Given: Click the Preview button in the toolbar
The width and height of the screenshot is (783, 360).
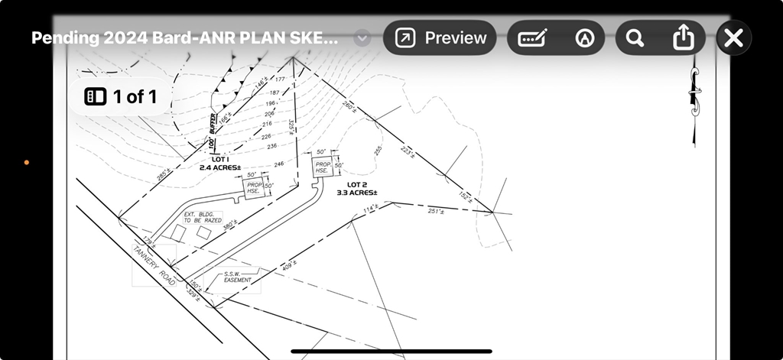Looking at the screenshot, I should (x=440, y=37).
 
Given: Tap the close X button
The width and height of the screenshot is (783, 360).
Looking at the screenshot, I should (x=733, y=37).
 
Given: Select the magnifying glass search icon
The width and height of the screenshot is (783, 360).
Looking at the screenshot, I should (x=634, y=37).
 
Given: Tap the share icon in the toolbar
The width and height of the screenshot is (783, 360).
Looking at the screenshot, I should (x=682, y=37).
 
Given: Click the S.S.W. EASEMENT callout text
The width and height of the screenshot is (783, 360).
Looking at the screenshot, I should (x=237, y=277).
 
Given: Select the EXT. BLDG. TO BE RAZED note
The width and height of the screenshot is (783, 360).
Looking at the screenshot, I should (x=202, y=217).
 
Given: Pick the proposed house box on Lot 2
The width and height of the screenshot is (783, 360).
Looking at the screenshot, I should (x=323, y=167).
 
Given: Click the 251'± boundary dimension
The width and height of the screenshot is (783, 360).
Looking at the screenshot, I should (x=436, y=211).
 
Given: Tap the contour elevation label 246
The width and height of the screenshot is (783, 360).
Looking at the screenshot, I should (x=278, y=164).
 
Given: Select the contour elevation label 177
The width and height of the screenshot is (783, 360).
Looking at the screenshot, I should (x=279, y=79).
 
